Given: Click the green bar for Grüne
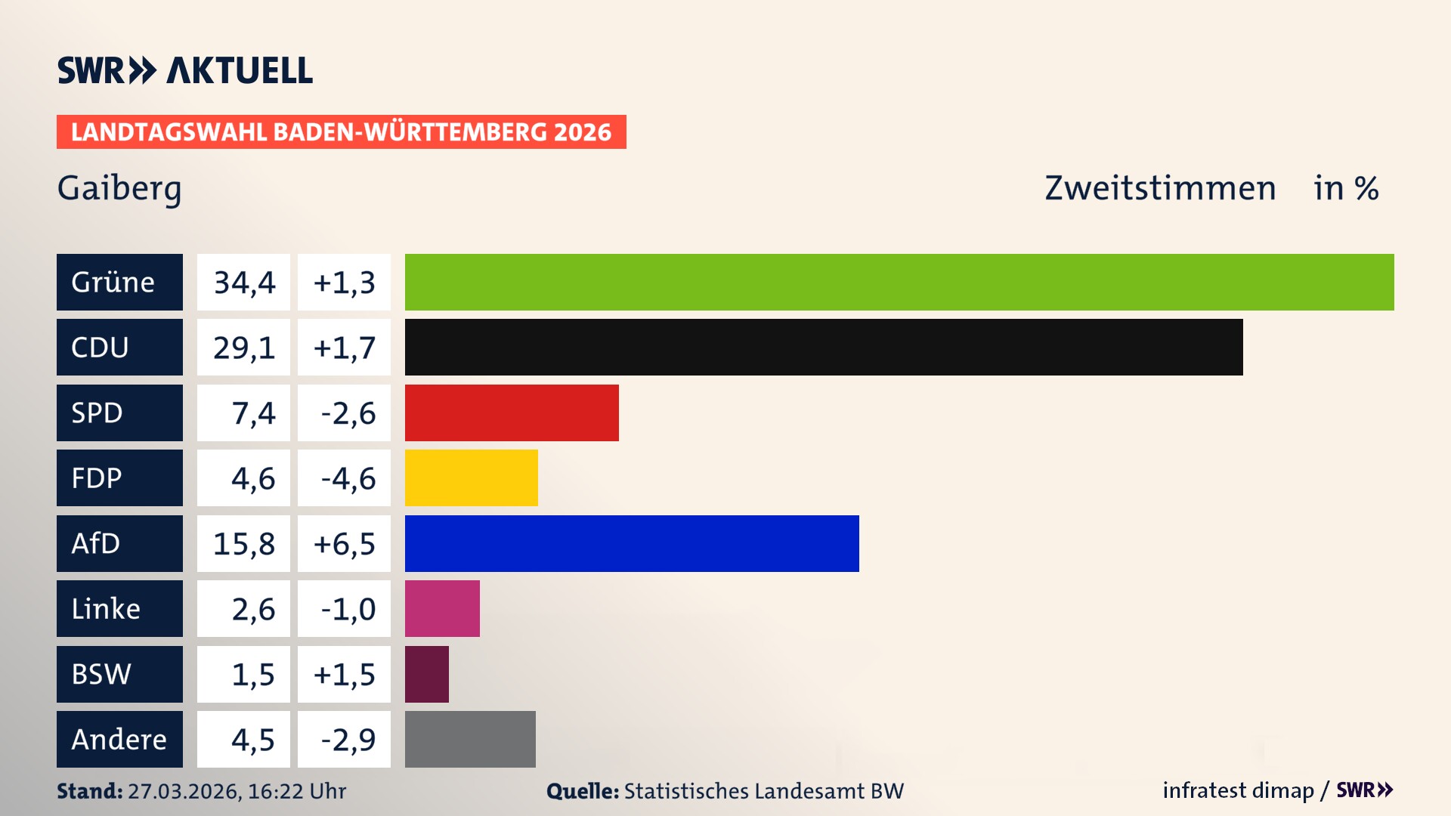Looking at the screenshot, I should [899, 282].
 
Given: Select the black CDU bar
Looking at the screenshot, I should [824, 347].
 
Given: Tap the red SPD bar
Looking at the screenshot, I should [512, 413].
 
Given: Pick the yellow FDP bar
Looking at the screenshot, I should [471, 478].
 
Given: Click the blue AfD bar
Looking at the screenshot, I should [632, 543].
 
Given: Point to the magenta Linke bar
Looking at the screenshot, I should [442, 608].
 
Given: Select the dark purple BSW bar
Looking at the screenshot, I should [426, 674].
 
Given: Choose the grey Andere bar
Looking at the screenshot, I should [470, 739].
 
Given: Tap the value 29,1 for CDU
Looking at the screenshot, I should [243, 348].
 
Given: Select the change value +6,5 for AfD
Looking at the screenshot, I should [344, 543].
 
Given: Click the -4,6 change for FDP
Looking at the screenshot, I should [347, 478].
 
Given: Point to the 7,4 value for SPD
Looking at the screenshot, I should [252, 413].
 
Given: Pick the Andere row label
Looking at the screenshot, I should [119, 739].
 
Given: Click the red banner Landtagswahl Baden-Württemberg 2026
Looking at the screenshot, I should [341, 132].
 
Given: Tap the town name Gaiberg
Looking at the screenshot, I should [119, 188].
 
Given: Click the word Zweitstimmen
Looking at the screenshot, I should [1159, 188].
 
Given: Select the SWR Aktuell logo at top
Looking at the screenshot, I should [185, 70].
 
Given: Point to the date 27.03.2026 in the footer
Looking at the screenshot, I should [184, 791].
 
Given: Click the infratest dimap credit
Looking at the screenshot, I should [1238, 790].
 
